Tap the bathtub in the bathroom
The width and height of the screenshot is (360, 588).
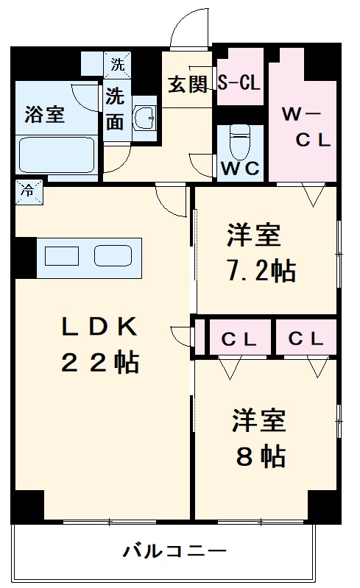click(57, 155)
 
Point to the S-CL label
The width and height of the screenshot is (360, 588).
click(239, 83)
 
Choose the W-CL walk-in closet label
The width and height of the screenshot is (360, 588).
click(302, 127)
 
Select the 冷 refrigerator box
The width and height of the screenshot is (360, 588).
click(27, 189)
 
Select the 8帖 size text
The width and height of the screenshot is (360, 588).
click(261, 458)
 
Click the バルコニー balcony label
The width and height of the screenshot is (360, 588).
click(175, 550)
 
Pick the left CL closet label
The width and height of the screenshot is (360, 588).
click(239, 339)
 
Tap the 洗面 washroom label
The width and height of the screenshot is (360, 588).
click(115, 108)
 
